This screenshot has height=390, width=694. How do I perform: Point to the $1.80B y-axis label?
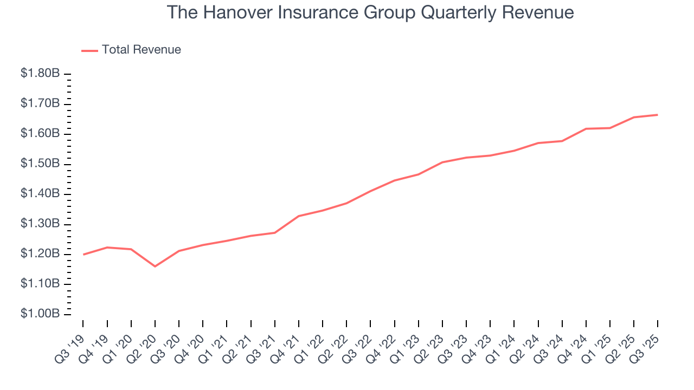coord(40,74)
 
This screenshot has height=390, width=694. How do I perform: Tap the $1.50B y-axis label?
coord(40,164)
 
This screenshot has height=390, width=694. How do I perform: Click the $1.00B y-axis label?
coord(40,314)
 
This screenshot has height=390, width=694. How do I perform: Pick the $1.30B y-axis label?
coord(40,224)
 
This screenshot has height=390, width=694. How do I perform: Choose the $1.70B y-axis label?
coord(40,103)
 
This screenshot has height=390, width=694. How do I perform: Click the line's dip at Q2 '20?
coord(155,266)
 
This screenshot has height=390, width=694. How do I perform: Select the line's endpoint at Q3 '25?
coord(658,115)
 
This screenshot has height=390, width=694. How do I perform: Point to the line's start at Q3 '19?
coord(83,254)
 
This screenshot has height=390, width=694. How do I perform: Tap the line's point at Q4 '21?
coord(299,216)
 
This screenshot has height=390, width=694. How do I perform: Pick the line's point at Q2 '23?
coord(442,162)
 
